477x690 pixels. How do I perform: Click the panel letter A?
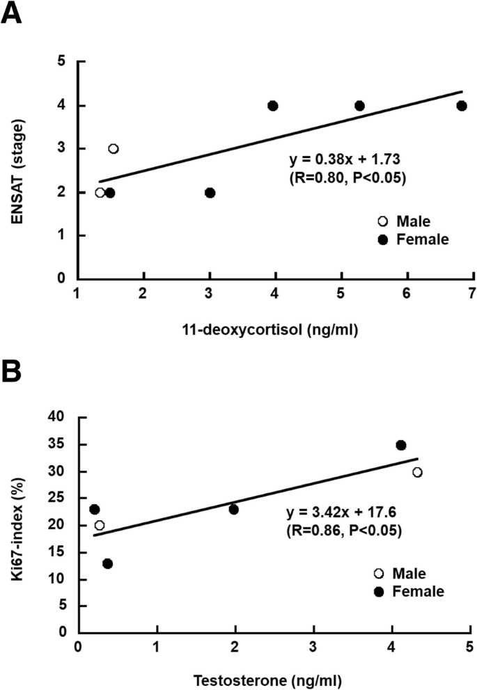(x=11, y=13)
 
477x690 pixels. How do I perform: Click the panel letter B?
(x=11, y=370)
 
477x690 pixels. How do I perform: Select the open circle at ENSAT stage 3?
(x=113, y=149)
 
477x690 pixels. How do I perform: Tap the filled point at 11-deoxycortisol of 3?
(x=210, y=193)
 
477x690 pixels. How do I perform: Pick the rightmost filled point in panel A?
(x=461, y=106)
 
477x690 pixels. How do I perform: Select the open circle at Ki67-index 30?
(x=417, y=472)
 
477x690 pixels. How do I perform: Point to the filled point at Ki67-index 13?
(x=107, y=563)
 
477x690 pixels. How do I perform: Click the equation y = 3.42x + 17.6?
(x=339, y=513)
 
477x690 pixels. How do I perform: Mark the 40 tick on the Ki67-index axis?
(x=61, y=417)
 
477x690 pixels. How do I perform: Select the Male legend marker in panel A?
(x=382, y=222)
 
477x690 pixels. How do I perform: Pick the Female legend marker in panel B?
(x=379, y=592)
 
